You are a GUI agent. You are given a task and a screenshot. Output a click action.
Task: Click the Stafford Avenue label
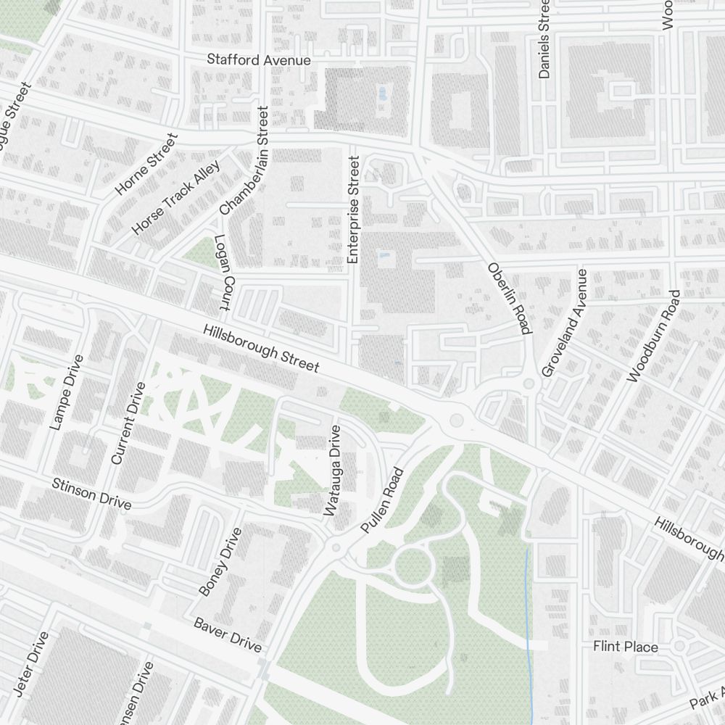tap(259, 60)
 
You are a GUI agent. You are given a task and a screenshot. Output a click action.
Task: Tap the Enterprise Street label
tap(353, 210)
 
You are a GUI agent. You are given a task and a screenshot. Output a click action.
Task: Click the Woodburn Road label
tap(654, 336)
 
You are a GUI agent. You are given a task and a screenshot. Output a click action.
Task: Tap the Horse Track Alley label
tap(175, 197)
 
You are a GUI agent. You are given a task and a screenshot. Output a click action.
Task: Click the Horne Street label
tap(146, 165)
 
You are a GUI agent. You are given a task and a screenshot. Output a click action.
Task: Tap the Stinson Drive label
tap(92, 493)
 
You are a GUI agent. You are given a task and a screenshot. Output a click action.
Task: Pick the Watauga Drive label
tap(333, 471)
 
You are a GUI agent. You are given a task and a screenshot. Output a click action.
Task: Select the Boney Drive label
tap(220, 562)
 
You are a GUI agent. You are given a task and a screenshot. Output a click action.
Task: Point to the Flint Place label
tap(626, 646)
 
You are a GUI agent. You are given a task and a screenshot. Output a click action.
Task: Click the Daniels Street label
tap(545, 38)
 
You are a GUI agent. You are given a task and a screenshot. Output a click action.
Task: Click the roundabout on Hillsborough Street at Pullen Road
tap(457, 418)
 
